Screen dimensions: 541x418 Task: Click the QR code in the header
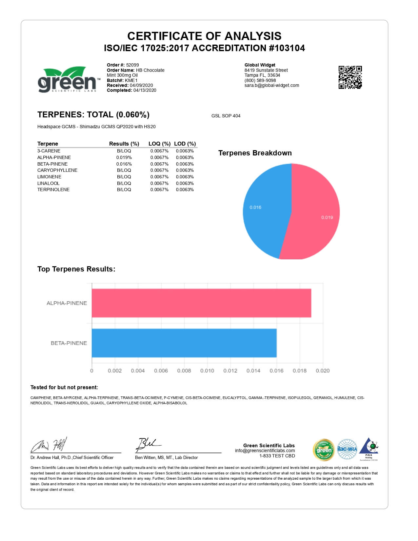(x=350, y=77)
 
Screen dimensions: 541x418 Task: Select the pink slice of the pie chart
(x=315, y=213)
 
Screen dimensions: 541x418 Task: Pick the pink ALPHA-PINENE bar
(x=201, y=303)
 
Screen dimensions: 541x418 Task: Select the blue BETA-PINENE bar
(x=184, y=343)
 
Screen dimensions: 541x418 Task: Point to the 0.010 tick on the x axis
(x=207, y=371)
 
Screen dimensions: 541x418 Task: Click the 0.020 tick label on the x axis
(x=323, y=371)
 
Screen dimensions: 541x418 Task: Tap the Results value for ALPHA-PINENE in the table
(x=124, y=157)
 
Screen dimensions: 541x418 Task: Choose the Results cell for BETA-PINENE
(x=124, y=164)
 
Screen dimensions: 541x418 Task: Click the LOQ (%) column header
(x=159, y=144)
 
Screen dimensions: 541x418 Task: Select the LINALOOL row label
(x=49, y=183)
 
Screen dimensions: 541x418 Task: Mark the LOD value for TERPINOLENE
(x=185, y=190)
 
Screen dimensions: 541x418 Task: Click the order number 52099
(x=132, y=65)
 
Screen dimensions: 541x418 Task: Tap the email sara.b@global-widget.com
(x=272, y=85)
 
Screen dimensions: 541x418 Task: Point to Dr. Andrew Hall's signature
(x=49, y=445)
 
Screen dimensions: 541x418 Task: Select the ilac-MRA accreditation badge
(x=347, y=449)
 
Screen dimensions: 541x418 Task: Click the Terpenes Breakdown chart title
(x=255, y=153)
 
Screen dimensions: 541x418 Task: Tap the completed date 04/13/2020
(x=145, y=90)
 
